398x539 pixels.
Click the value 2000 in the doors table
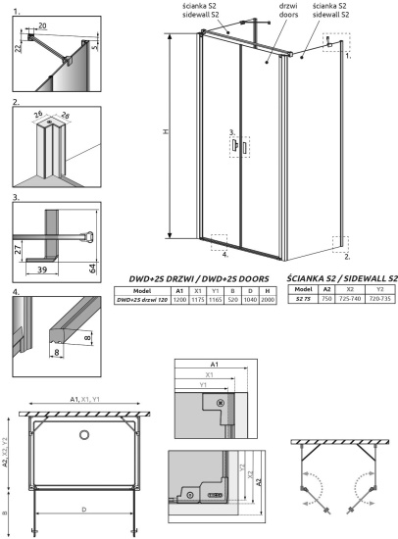[268, 301]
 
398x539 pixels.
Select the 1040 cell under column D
[249, 301]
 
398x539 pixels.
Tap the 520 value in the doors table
[231, 301]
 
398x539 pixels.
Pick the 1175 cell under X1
[196, 301]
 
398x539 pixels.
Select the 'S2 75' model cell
[302, 301]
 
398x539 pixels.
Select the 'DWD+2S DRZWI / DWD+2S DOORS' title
[194, 279]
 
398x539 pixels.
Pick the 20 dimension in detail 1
[43, 27]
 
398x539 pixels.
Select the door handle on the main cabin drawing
[237, 146]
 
